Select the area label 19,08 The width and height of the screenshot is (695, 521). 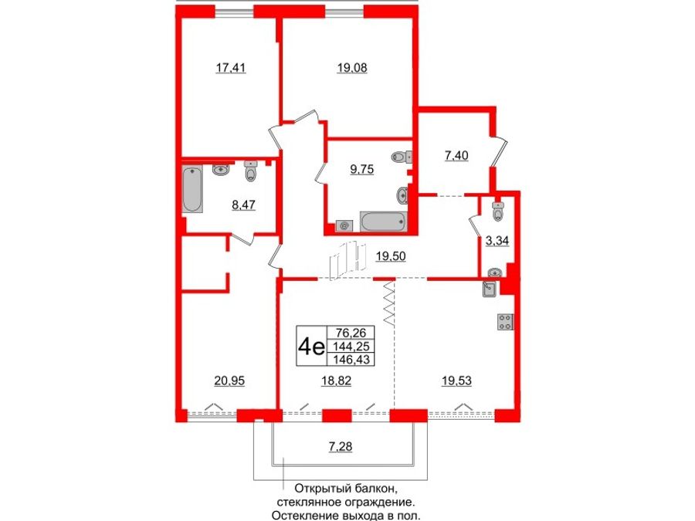tap(352, 68)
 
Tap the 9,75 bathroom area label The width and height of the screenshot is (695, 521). tap(361, 171)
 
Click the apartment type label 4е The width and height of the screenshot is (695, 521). tap(310, 346)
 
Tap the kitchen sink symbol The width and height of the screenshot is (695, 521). tap(490, 289)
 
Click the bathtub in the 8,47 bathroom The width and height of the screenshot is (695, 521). tap(192, 190)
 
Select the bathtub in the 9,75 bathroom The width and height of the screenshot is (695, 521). tap(382, 222)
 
